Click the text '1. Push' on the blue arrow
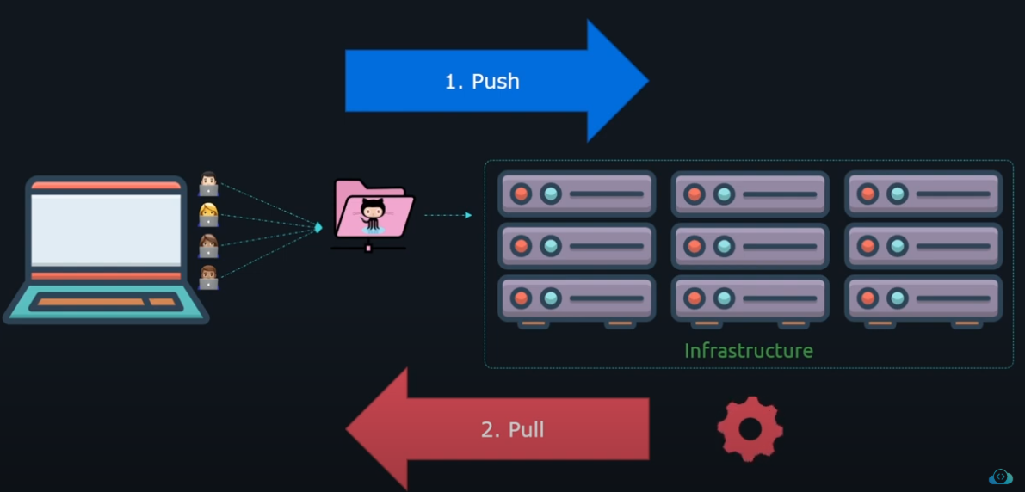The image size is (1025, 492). click(482, 81)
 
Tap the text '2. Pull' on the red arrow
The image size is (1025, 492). click(512, 429)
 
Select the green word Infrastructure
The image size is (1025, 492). click(748, 351)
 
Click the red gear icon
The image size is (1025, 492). click(750, 428)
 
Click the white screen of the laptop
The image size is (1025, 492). click(106, 229)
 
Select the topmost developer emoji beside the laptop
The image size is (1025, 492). click(208, 183)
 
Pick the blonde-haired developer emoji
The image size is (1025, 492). click(208, 214)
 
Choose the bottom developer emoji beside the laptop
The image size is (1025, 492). click(208, 277)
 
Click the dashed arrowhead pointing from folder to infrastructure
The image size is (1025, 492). click(468, 215)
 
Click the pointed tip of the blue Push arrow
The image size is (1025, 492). click(646, 81)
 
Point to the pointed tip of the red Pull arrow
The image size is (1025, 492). click(349, 428)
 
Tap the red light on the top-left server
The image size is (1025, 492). click(521, 194)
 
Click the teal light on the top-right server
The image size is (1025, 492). click(898, 194)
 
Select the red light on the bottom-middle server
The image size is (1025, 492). click(695, 298)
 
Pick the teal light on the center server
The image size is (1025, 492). click(724, 247)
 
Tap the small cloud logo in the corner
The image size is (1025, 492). click(1000, 476)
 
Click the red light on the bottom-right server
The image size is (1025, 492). click(868, 298)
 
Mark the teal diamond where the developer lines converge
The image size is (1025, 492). click(318, 227)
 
